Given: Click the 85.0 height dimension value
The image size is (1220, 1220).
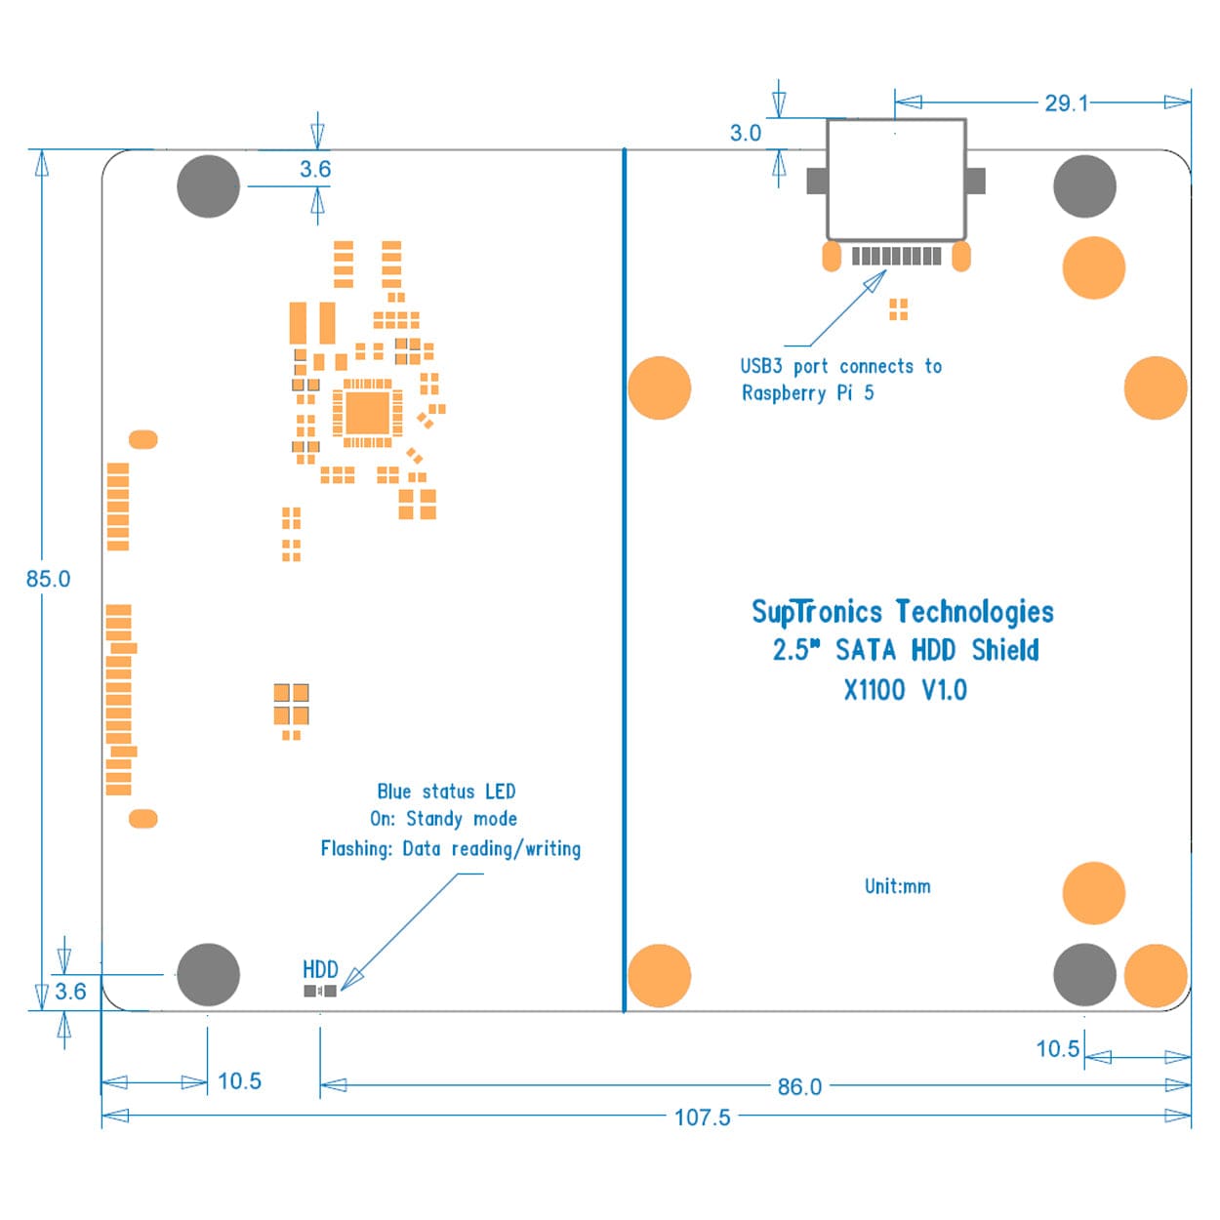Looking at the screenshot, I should pyautogui.click(x=48, y=579).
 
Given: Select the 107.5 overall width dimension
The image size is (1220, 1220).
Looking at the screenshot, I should pyautogui.click(x=702, y=1118).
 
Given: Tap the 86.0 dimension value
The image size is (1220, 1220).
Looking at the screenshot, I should pyautogui.click(x=799, y=1086).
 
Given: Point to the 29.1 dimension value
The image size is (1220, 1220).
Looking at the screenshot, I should pyautogui.click(x=1066, y=103).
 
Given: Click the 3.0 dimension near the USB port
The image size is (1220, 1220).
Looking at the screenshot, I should pyautogui.click(x=746, y=134).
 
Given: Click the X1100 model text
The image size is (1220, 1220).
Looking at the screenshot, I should pyautogui.click(x=874, y=690).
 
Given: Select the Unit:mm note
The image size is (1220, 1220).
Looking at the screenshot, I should pyautogui.click(x=897, y=886).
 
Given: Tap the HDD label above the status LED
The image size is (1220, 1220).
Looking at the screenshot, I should pyautogui.click(x=320, y=969).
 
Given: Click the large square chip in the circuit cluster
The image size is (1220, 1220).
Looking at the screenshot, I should pyautogui.click(x=368, y=413).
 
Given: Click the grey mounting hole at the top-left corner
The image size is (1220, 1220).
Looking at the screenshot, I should pyautogui.click(x=208, y=185).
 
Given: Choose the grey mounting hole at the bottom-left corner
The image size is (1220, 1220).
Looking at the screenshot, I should pyautogui.click(x=208, y=974).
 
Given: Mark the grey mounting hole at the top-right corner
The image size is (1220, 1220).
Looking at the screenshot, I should pyautogui.click(x=1084, y=185).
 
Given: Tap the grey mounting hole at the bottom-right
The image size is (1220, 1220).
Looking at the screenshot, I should pyautogui.click(x=1084, y=974).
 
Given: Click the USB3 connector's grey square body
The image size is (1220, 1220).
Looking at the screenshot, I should pyautogui.click(x=896, y=180).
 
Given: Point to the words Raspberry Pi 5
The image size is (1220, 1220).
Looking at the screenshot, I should pyautogui.click(x=807, y=393).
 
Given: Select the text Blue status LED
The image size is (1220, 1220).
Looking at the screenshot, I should pyautogui.click(x=446, y=792).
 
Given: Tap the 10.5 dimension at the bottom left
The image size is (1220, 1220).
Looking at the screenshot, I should pyautogui.click(x=239, y=1081).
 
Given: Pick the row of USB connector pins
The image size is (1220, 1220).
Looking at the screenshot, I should pyautogui.click(x=896, y=256).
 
